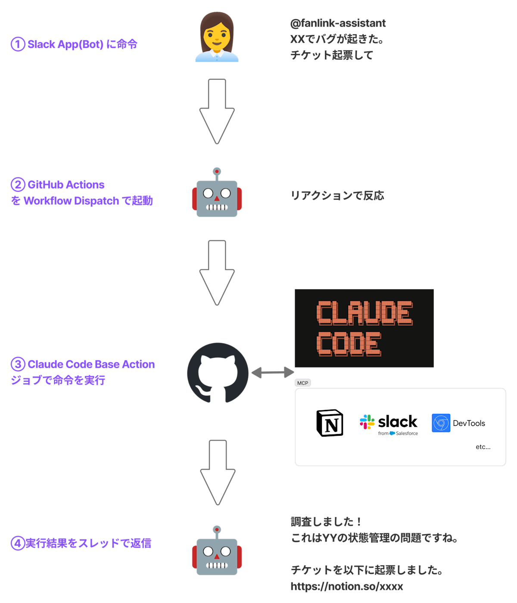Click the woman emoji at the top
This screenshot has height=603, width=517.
tap(217, 37)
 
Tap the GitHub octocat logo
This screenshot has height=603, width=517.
tap(218, 373)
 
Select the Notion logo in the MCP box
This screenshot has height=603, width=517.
tap(330, 423)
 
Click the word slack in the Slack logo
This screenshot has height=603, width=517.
tap(397, 421)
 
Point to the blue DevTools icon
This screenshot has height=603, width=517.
tap(441, 423)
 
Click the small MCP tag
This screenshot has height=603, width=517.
tap(302, 383)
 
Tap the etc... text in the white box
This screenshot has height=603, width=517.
tap(483, 447)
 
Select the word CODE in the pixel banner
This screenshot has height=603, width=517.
tap(349, 344)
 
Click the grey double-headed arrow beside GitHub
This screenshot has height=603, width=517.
tap(272, 372)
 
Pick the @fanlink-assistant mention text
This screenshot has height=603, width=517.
tap(338, 23)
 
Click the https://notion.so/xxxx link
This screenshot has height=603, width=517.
tap(346, 586)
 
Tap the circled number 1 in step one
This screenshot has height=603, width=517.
tap(18, 44)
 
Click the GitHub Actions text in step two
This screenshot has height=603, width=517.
tap(66, 185)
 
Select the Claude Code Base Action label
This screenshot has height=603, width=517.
tap(91, 364)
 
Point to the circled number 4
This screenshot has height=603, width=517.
tap(17, 543)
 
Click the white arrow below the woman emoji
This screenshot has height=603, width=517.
tap(217, 111)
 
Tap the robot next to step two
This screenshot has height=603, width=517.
tap(217, 194)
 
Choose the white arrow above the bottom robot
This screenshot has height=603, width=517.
tap(218, 472)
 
